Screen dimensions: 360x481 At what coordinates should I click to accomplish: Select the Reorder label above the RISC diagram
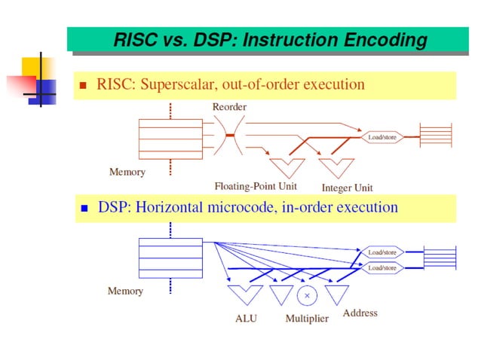click(x=229, y=107)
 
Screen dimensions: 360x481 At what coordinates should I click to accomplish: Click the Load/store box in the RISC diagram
click(x=382, y=137)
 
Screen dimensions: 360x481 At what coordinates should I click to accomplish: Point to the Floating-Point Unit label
click(x=256, y=186)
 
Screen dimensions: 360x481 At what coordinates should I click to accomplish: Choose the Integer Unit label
click(x=347, y=188)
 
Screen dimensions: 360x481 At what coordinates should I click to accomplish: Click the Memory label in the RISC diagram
click(x=127, y=172)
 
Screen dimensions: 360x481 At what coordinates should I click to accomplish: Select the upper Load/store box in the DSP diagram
click(x=382, y=252)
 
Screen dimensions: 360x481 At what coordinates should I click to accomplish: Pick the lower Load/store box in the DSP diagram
click(x=382, y=267)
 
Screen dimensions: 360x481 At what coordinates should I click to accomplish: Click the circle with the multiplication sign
click(x=307, y=295)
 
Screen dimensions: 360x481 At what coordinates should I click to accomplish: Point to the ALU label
click(x=246, y=319)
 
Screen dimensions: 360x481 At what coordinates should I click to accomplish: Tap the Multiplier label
click(x=307, y=319)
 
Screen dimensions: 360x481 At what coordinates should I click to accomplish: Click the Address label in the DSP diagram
click(x=360, y=313)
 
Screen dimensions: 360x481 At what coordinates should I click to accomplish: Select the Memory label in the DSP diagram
click(x=125, y=291)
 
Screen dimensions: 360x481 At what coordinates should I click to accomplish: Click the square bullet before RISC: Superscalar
click(x=84, y=85)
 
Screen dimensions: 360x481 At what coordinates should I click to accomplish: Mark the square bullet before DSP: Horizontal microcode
click(x=84, y=208)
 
